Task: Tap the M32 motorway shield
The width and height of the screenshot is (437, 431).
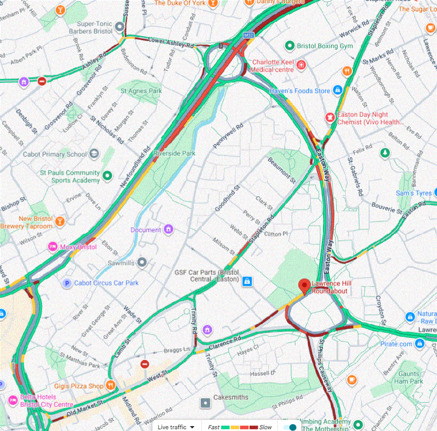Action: (x=248, y=35)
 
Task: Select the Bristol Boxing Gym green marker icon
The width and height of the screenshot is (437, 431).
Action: (x=290, y=46)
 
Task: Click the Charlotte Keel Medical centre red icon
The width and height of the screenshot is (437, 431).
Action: (x=301, y=65)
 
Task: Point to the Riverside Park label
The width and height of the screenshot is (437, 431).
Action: (x=174, y=153)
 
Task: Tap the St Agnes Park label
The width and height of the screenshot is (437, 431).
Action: (x=141, y=91)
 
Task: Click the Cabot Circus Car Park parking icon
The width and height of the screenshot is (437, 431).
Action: (x=67, y=283)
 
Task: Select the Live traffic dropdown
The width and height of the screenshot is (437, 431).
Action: (x=176, y=427)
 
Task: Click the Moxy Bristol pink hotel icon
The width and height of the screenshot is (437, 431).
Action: (x=53, y=247)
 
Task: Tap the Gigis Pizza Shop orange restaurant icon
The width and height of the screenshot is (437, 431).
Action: (x=111, y=385)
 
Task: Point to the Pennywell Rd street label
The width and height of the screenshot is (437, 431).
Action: (x=228, y=136)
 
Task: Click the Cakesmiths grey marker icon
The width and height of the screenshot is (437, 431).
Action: (x=205, y=403)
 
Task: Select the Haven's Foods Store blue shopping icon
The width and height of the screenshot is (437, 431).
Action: (x=338, y=90)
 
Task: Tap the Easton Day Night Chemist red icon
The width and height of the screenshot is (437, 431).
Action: (x=330, y=117)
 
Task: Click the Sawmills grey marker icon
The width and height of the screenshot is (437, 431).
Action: (x=142, y=262)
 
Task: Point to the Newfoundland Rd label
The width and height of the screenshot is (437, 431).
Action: (x=135, y=167)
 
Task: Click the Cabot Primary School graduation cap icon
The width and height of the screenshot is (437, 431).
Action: (x=94, y=154)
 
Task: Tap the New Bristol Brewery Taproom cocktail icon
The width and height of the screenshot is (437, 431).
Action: (x=60, y=221)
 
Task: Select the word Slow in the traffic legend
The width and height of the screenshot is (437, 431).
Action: (x=265, y=427)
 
